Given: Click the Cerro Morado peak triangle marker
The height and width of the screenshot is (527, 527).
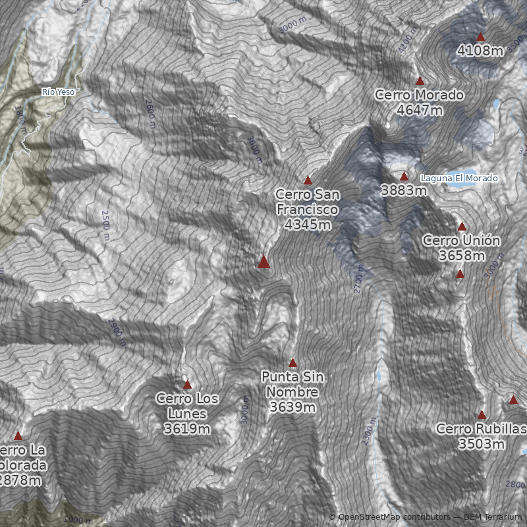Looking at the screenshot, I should click(x=420, y=81).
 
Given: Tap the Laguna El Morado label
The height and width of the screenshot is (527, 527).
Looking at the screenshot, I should click(x=459, y=179).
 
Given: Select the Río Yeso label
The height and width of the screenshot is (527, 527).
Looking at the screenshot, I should click(x=58, y=92).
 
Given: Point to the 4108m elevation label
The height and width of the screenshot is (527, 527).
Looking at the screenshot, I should click(x=480, y=50).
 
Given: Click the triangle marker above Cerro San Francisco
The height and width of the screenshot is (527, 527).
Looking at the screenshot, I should click(x=307, y=180).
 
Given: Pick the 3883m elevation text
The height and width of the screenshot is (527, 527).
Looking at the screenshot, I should click(x=404, y=190).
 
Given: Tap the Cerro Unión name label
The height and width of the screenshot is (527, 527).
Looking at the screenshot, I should click(x=461, y=240).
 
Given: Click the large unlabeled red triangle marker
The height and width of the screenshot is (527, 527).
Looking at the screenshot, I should click(x=263, y=262).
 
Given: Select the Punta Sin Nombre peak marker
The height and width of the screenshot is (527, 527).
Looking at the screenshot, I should click(x=292, y=363).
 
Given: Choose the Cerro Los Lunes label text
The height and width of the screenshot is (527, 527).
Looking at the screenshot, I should click(x=187, y=406).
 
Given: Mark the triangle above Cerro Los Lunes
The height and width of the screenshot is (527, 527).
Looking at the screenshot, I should click(x=187, y=384).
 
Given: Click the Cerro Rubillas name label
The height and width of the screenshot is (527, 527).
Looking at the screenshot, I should click(x=482, y=430).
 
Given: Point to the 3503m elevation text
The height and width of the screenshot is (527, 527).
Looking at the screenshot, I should click(x=482, y=445).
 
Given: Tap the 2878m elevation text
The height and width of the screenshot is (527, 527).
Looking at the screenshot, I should click(x=20, y=480).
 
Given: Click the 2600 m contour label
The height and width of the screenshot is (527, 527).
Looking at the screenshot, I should click(x=150, y=108).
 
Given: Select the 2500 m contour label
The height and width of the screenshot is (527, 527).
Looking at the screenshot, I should click(x=105, y=225).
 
